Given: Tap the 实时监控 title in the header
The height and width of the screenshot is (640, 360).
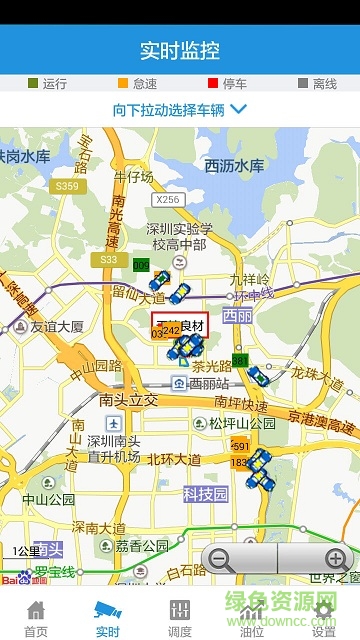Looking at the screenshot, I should (180, 50).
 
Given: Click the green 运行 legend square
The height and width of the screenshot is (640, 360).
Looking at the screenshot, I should (33, 84).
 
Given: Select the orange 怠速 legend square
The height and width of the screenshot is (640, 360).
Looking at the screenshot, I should (123, 84).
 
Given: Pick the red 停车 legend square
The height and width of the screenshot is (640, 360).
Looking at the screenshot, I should (212, 84).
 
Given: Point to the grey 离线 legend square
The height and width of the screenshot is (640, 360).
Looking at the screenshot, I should (302, 84).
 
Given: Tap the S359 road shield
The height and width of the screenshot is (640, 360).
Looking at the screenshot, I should (66, 186).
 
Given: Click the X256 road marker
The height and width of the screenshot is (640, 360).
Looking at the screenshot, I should (168, 200).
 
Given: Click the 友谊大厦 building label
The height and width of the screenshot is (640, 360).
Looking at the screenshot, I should (56, 326).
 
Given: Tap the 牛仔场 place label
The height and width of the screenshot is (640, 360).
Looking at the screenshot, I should (133, 177).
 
